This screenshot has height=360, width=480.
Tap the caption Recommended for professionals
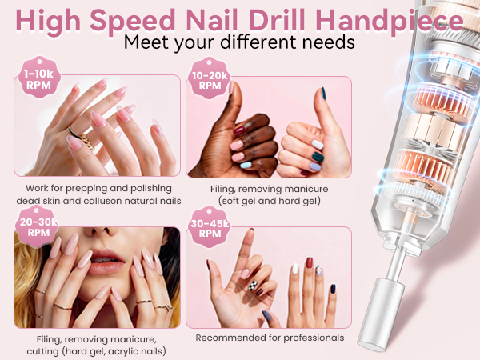[x=268, y=338]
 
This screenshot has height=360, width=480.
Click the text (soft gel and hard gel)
[x=268, y=200]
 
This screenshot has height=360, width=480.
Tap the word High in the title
[x=51, y=19]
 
